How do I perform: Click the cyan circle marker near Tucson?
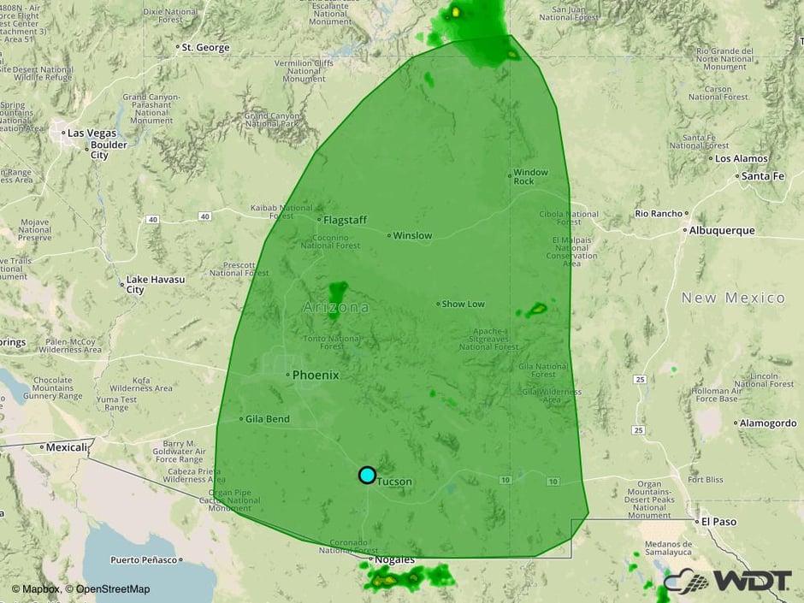(367, 475)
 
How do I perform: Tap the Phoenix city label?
(316, 375)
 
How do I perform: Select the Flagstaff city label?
(345, 220)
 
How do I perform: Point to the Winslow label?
(413, 235)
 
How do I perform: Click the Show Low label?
(463, 304)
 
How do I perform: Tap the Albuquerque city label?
(723, 230)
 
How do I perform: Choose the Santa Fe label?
(762, 176)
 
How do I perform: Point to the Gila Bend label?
(267, 419)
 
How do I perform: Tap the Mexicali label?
(67, 446)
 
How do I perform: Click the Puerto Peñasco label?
(143, 560)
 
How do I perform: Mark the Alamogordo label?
(768, 423)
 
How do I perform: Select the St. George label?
(205, 47)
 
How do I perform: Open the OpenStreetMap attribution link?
(108, 588)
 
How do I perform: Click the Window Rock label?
(530, 177)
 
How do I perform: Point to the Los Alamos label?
(742, 158)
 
